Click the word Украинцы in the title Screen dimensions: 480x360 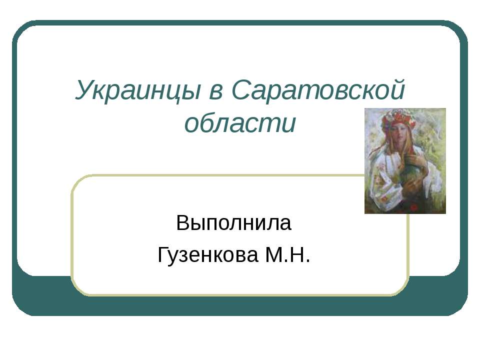(x=138, y=90)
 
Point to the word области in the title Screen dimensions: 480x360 (x=240, y=123)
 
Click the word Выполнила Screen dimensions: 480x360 (x=233, y=222)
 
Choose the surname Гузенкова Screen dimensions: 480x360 (x=207, y=254)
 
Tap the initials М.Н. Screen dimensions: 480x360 (x=287, y=254)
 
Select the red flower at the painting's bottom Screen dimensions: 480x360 (x=414, y=206)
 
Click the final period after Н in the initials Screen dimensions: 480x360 (x=307, y=261)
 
